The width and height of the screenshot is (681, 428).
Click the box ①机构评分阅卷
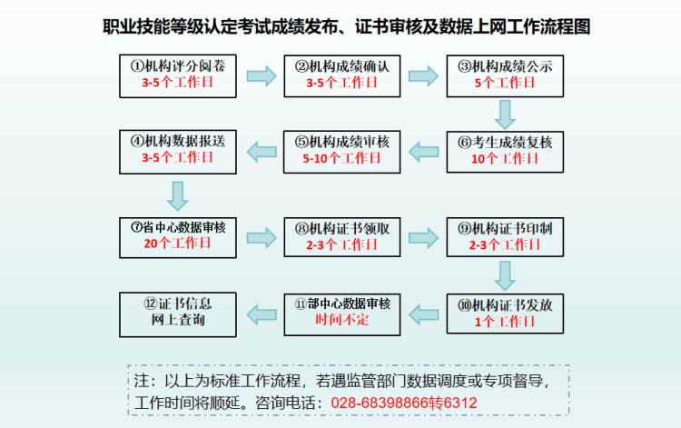click(177, 74)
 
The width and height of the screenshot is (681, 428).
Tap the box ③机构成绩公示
click(505, 74)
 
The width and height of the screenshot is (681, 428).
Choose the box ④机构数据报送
click(177, 149)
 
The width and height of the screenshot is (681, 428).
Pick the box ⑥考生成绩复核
click(505, 149)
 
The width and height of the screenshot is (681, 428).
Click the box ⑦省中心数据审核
click(177, 235)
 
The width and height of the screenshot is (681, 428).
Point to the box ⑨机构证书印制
click(505, 235)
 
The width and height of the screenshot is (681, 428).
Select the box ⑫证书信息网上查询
click(177, 311)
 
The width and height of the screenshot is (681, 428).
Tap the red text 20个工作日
click(177, 244)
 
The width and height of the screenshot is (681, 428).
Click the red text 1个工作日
click(505, 321)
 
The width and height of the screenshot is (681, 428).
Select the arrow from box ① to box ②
click(260, 75)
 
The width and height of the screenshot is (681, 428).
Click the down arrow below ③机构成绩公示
click(505, 113)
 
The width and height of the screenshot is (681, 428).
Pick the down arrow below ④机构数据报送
click(178, 194)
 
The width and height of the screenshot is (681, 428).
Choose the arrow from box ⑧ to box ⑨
click(423, 236)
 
